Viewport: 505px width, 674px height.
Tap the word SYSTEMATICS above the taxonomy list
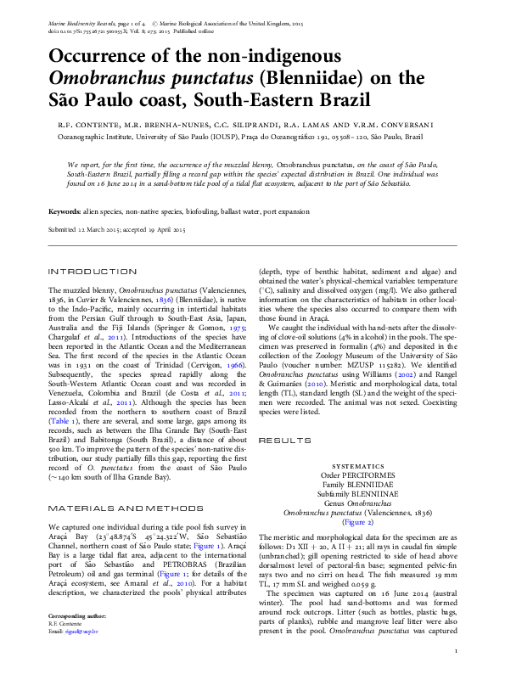tap(358, 467)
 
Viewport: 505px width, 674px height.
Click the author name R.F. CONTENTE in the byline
tap(85, 125)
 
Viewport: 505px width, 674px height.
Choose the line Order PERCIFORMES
tap(358, 475)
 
